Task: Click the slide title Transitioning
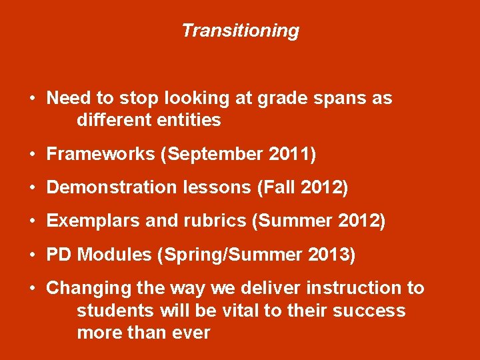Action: pos(240,31)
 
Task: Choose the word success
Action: pos(371,311)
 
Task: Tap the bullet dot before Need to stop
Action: pos(32,99)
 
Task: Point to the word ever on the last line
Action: pos(192,333)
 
